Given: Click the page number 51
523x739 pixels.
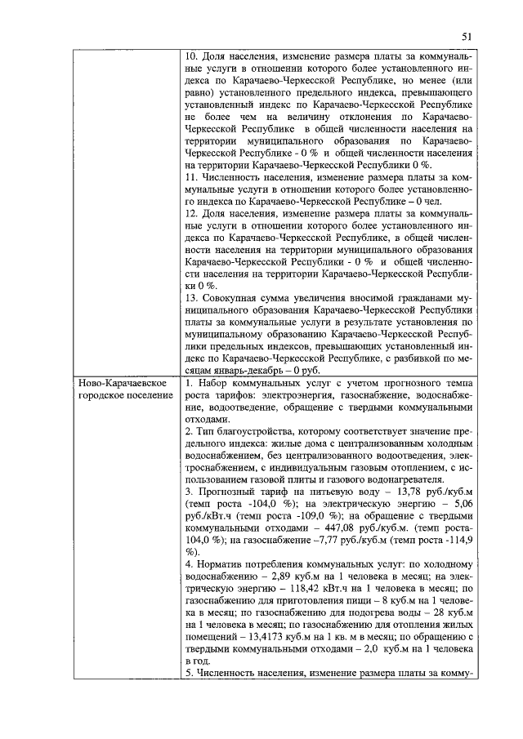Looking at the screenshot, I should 467,36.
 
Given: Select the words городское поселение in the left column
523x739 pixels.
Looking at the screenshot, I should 125,395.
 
